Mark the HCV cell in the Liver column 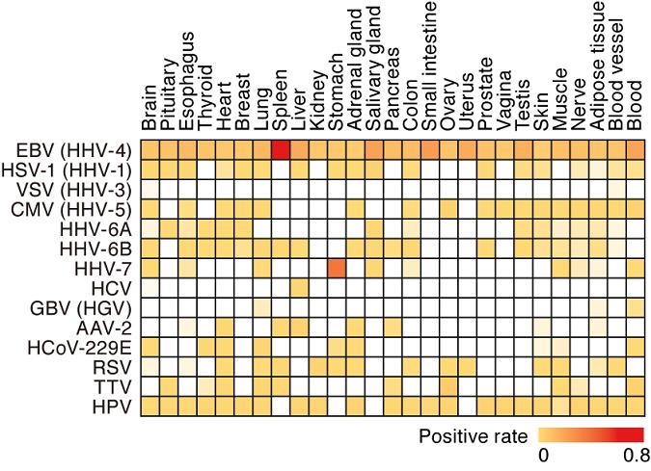coord(299,287)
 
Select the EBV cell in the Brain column coord(149,149)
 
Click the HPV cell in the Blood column coord(635,406)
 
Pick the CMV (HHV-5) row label coord(74,208)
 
